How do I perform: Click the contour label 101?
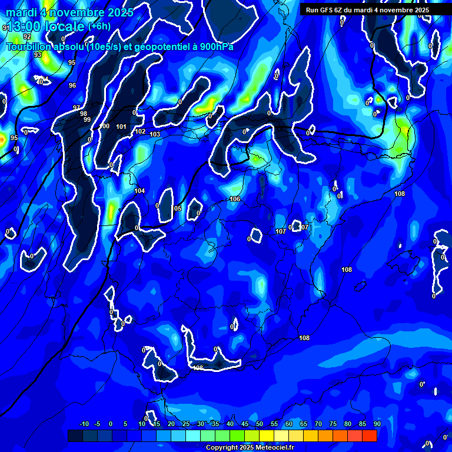(x=121, y=127)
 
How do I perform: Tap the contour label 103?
(x=155, y=135)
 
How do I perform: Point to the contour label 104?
(x=139, y=191)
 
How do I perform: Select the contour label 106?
(x=235, y=200)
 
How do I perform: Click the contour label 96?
(x=72, y=86)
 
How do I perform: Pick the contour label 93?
(x=38, y=55)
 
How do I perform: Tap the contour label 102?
(x=140, y=131)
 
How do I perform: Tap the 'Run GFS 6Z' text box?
(x=367, y=10)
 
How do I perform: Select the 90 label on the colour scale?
(x=377, y=424)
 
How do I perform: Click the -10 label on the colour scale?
(x=84, y=424)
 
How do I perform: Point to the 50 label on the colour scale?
(x=260, y=424)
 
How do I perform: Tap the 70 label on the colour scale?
(x=318, y=424)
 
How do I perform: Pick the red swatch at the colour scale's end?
(x=369, y=436)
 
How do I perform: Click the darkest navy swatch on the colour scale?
(x=75, y=436)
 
